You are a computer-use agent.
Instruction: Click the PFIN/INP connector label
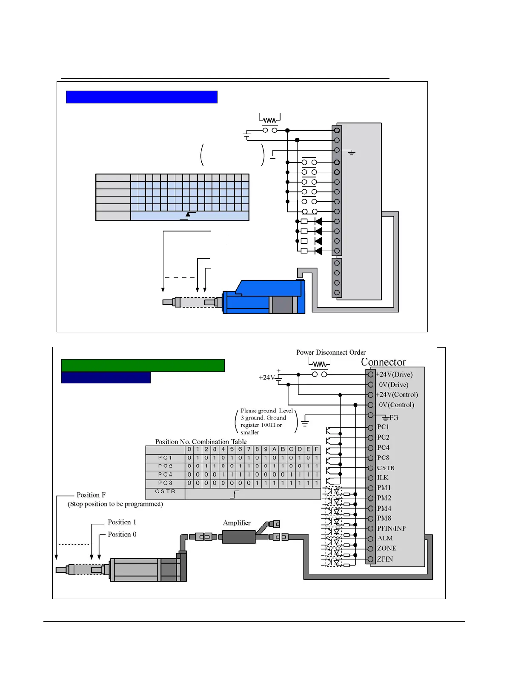point(391,528)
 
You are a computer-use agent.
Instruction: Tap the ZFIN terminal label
point(385,559)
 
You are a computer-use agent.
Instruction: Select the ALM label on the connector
point(385,538)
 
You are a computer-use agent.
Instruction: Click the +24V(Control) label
point(397,395)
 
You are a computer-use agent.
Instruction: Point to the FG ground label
point(394,418)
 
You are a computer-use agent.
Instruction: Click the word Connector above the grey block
point(383,362)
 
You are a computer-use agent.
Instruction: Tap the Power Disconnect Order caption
point(331,352)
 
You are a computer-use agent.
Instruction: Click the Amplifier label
point(237,523)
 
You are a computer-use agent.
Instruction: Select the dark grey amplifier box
point(238,537)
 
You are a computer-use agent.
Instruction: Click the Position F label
point(91,495)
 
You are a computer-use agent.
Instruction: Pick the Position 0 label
point(122,534)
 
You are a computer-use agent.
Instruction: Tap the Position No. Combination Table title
point(200,442)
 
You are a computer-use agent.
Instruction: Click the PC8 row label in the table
point(165,483)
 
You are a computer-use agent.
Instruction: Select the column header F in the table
point(316,449)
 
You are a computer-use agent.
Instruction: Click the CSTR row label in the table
point(165,491)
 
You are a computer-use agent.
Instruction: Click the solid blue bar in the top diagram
point(141,97)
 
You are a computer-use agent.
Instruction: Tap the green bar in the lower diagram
point(143,366)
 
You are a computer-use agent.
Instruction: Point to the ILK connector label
point(383,478)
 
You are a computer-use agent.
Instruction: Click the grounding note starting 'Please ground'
point(266,421)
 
